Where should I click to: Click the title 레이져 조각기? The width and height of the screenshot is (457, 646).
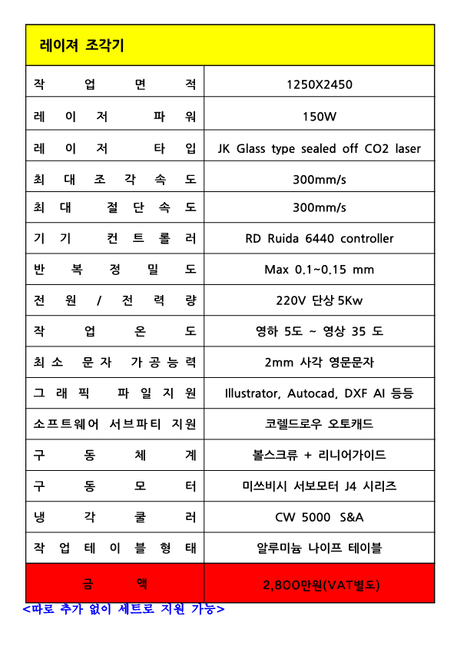click(81, 45)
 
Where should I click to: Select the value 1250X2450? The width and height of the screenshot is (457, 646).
click(319, 84)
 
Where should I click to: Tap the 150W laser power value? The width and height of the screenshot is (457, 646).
click(320, 117)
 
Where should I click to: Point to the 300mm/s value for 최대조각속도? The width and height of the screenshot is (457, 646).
click(320, 179)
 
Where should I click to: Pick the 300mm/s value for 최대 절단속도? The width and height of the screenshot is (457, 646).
click(320, 207)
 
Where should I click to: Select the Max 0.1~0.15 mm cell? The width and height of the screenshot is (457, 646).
click(320, 270)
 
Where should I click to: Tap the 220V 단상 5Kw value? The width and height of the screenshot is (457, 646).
click(320, 300)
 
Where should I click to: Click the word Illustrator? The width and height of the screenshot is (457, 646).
click(252, 393)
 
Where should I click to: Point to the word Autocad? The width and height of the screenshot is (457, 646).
click(312, 393)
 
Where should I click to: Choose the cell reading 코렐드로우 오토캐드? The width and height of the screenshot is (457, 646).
click(320, 424)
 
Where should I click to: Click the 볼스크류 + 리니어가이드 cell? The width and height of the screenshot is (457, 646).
click(320, 455)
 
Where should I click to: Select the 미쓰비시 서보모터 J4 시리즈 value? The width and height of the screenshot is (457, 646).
click(320, 486)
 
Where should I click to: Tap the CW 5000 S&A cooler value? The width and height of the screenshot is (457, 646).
click(320, 517)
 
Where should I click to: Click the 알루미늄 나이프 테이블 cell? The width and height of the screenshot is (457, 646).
click(320, 548)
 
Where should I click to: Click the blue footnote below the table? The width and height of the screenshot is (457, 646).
click(124, 609)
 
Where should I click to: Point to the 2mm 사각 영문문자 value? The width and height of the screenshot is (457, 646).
click(320, 362)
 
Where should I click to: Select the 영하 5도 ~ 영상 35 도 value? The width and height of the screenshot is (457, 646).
click(320, 331)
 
